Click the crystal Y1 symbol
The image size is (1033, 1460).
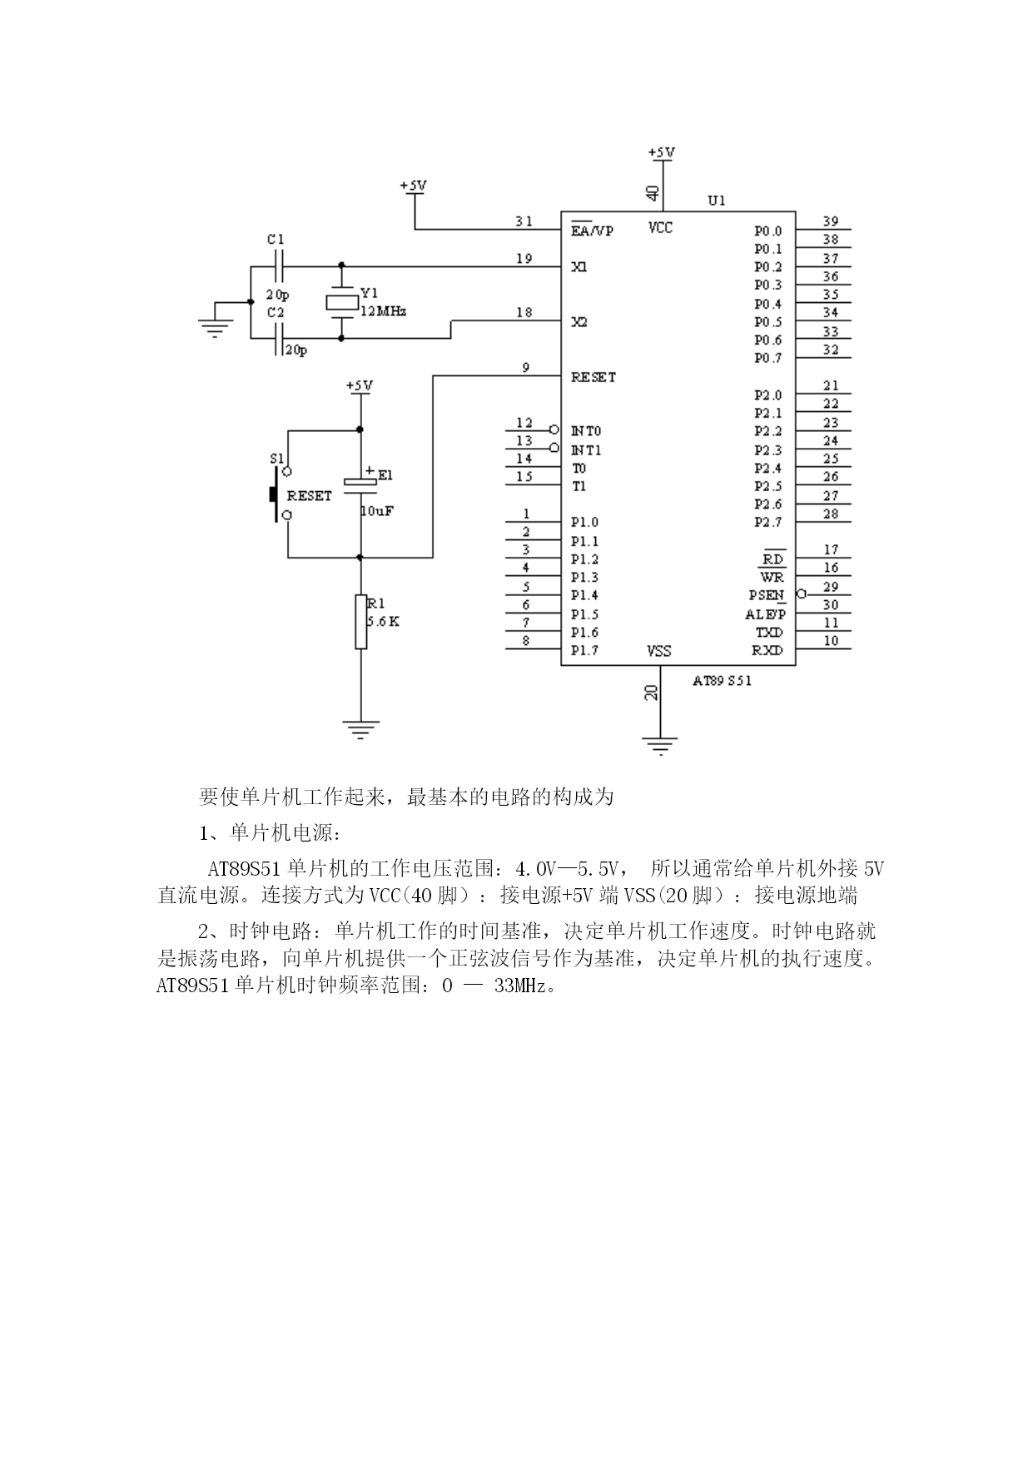coord(341,303)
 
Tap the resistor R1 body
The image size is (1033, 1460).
coord(360,621)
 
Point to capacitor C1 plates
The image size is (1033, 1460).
coord(277,267)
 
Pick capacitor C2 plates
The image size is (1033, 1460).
coord(277,339)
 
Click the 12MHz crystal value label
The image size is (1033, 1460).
coord(382,311)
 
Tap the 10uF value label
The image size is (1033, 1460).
coord(376,511)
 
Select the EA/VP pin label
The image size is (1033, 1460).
coord(592,231)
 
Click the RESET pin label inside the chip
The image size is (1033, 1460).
coord(593,377)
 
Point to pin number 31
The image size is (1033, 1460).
coord(524,221)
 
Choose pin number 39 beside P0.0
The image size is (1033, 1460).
coord(831,221)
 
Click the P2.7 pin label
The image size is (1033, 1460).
coord(768,523)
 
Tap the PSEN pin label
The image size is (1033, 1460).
coord(766,595)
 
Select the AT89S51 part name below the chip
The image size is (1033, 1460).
coord(723,680)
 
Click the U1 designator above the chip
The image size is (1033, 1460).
coord(717,201)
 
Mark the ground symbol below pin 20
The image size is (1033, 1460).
coord(659,745)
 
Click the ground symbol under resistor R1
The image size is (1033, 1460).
coord(360,729)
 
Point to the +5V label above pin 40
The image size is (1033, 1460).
coord(662,153)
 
